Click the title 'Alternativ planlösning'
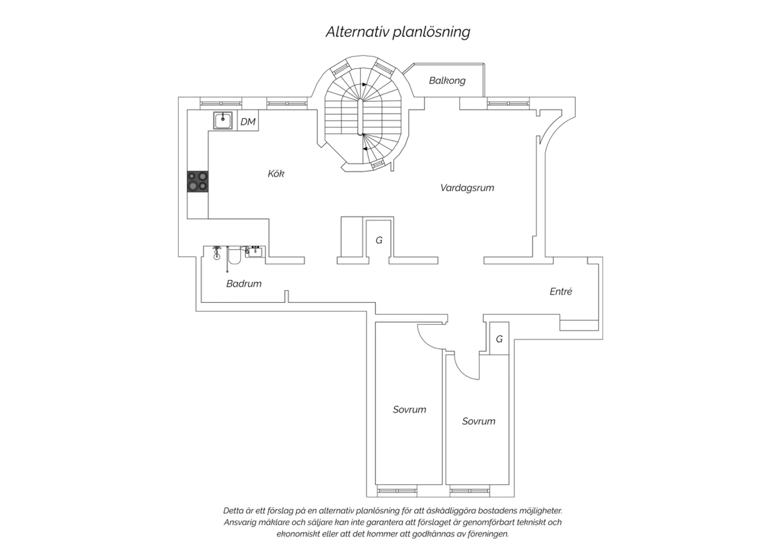398,32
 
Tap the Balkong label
447,81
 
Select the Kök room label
276,173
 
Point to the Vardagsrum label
467,188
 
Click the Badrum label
244,283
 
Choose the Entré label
561,292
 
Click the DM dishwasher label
248,122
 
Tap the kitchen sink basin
223,121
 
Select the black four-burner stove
198,181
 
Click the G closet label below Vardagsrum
379,240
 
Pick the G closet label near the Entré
499,339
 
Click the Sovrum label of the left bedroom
409,409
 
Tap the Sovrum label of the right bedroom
478,421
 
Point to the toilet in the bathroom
234,255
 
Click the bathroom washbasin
255,252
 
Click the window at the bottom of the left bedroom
397,491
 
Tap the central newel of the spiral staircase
360,117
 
